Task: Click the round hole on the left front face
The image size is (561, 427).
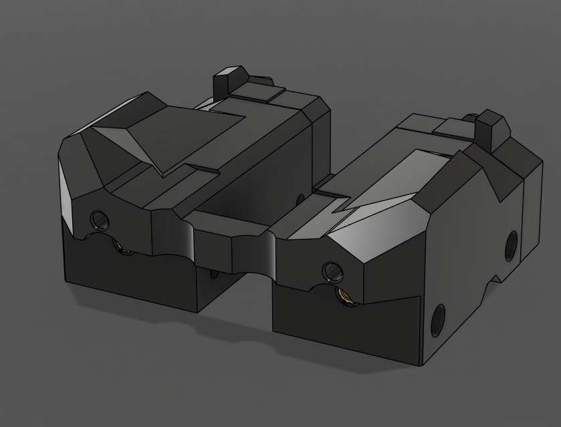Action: tap(99, 219)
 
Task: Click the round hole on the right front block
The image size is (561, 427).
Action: tap(332, 271)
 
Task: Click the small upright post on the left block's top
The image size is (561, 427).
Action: tap(227, 82)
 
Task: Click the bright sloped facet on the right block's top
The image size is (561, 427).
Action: tap(388, 200)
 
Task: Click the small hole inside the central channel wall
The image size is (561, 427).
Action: tap(300, 198)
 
